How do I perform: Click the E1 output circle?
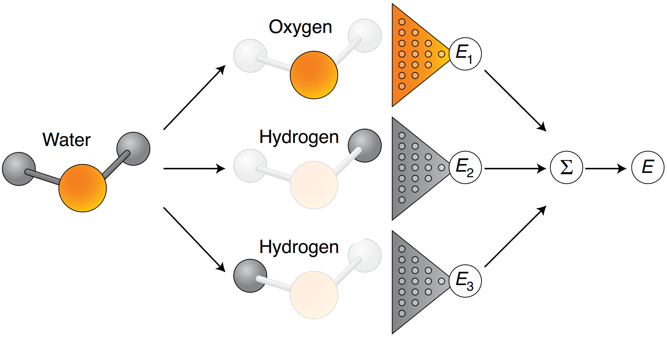[465, 54]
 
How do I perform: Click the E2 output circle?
[465, 167]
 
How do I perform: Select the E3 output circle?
[465, 281]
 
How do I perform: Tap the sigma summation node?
[566, 168]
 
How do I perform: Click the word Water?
[67, 140]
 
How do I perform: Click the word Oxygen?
[300, 27]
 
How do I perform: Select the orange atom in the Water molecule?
[83, 188]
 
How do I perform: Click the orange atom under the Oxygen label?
[314, 75]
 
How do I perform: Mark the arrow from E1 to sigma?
[516, 101]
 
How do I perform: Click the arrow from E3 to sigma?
[516, 236]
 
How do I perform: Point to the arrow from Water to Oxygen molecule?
[195, 97]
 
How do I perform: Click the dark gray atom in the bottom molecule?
[250, 276]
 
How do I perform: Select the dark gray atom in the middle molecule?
[365, 146]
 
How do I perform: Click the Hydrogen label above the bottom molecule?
[299, 247]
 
